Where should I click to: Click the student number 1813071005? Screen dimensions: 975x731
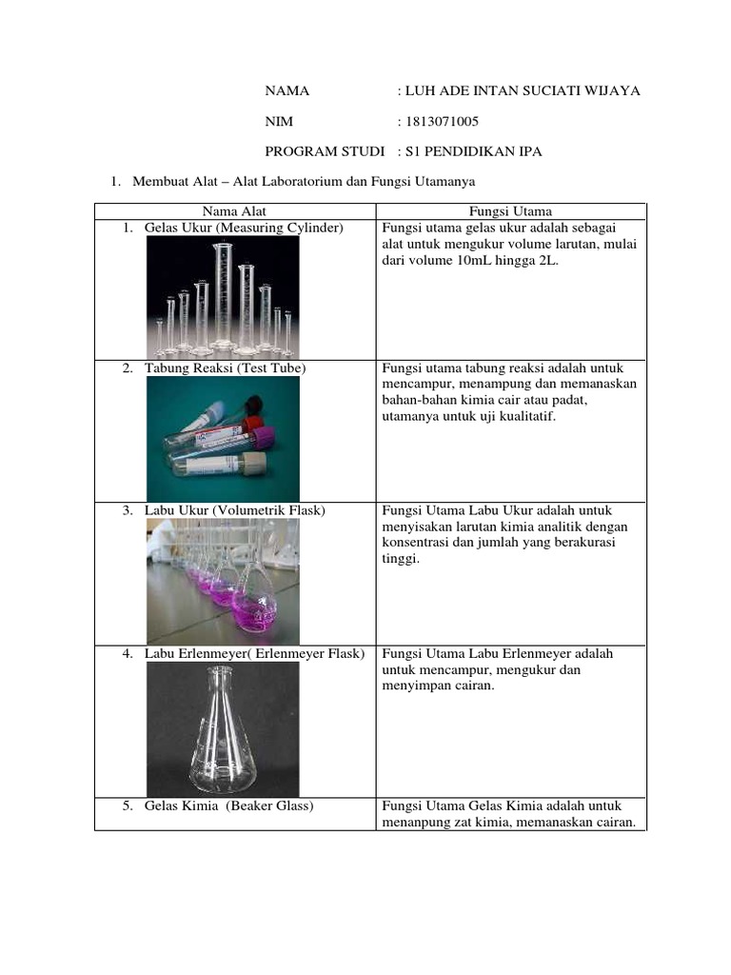(x=441, y=121)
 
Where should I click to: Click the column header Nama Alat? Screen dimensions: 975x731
(x=235, y=211)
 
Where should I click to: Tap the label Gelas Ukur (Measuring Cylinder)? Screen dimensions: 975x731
(x=244, y=228)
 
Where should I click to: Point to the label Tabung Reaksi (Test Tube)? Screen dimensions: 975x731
(x=226, y=368)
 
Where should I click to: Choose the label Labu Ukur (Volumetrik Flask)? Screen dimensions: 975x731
(x=235, y=510)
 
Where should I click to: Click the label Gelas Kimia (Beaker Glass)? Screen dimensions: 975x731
(x=229, y=806)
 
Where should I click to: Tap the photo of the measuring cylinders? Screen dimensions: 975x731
(x=223, y=297)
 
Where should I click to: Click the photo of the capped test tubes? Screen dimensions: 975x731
(x=223, y=439)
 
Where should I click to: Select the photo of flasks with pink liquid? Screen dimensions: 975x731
(x=223, y=581)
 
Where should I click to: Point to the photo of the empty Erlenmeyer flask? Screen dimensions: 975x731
(x=223, y=728)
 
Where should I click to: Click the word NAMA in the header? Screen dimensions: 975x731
(x=286, y=90)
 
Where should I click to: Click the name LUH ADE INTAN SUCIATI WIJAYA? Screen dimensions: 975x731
(x=523, y=90)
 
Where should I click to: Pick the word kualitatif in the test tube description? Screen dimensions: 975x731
(x=524, y=416)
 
